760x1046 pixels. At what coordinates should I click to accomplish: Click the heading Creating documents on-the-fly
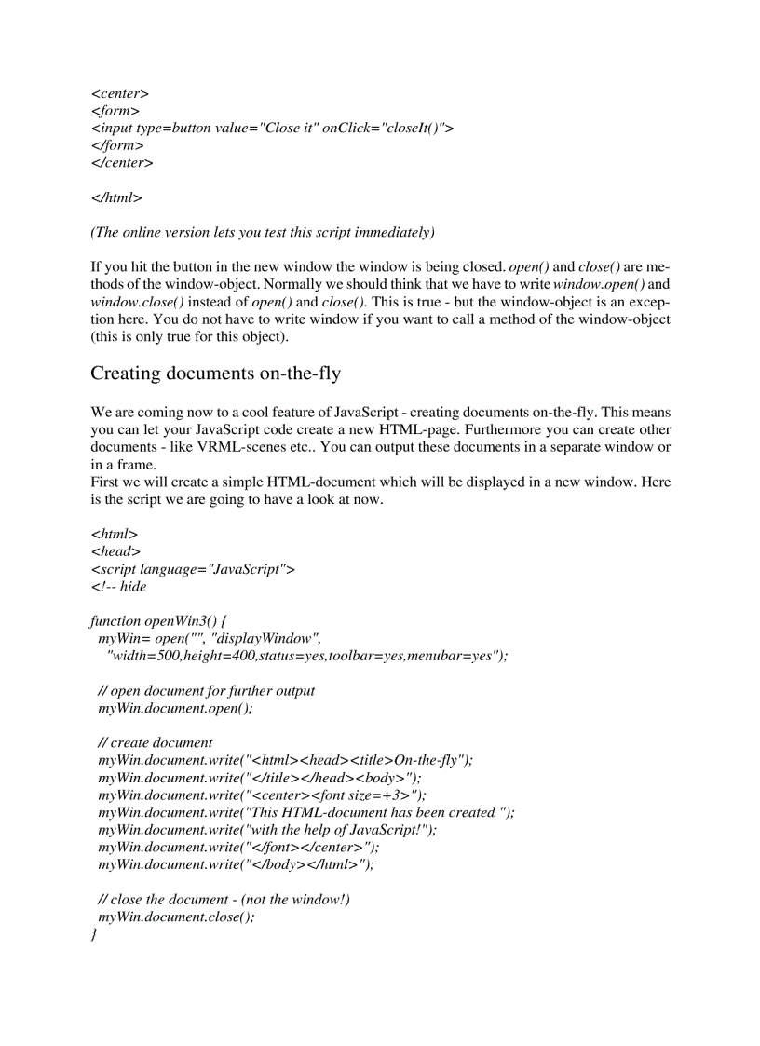(215, 374)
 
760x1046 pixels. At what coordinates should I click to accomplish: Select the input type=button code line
(272, 129)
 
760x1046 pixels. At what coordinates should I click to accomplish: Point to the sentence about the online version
(262, 231)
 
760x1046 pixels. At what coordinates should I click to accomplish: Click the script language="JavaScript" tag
(192, 569)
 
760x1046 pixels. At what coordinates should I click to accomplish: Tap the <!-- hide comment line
(118, 586)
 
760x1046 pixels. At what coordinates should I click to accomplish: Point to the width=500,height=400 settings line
(307, 656)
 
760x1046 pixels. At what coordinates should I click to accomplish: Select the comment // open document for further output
(206, 690)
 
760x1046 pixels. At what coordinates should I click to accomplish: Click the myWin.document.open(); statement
(175, 708)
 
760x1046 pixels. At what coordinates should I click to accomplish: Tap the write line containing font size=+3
(262, 795)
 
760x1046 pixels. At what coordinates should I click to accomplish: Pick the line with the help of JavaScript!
(266, 829)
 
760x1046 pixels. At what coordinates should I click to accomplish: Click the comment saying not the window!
(224, 899)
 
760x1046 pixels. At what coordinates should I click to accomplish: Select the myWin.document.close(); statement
(176, 916)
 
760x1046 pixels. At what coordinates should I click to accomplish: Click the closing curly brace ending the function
(94, 933)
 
